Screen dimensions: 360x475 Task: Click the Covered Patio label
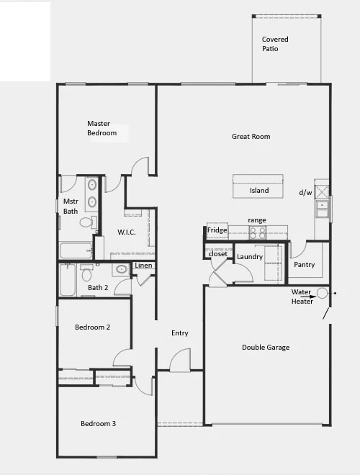[275, 44]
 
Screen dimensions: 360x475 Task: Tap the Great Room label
[251, 137]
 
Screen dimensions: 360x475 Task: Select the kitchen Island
[258, 186]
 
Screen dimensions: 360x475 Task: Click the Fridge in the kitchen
[217, 230]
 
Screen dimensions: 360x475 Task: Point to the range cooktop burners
[258, 232]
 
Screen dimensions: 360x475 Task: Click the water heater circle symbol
[322, 293]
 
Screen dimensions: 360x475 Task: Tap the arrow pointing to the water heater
[308, 297]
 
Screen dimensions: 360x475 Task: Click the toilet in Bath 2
[87, 273]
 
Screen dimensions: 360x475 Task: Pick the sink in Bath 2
[121, 269]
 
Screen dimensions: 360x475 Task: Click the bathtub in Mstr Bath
[76, 250]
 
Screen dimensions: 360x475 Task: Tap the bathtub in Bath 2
[67, 280]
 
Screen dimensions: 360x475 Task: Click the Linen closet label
[143, 266]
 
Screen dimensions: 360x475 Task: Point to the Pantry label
[305, 265]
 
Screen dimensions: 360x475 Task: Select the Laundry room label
[250, 257]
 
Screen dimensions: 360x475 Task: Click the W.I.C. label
[127, 232]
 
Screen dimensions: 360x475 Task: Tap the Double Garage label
[266, 348]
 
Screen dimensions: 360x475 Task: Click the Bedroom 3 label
[98, 423]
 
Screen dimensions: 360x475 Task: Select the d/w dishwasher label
[305, 192]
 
